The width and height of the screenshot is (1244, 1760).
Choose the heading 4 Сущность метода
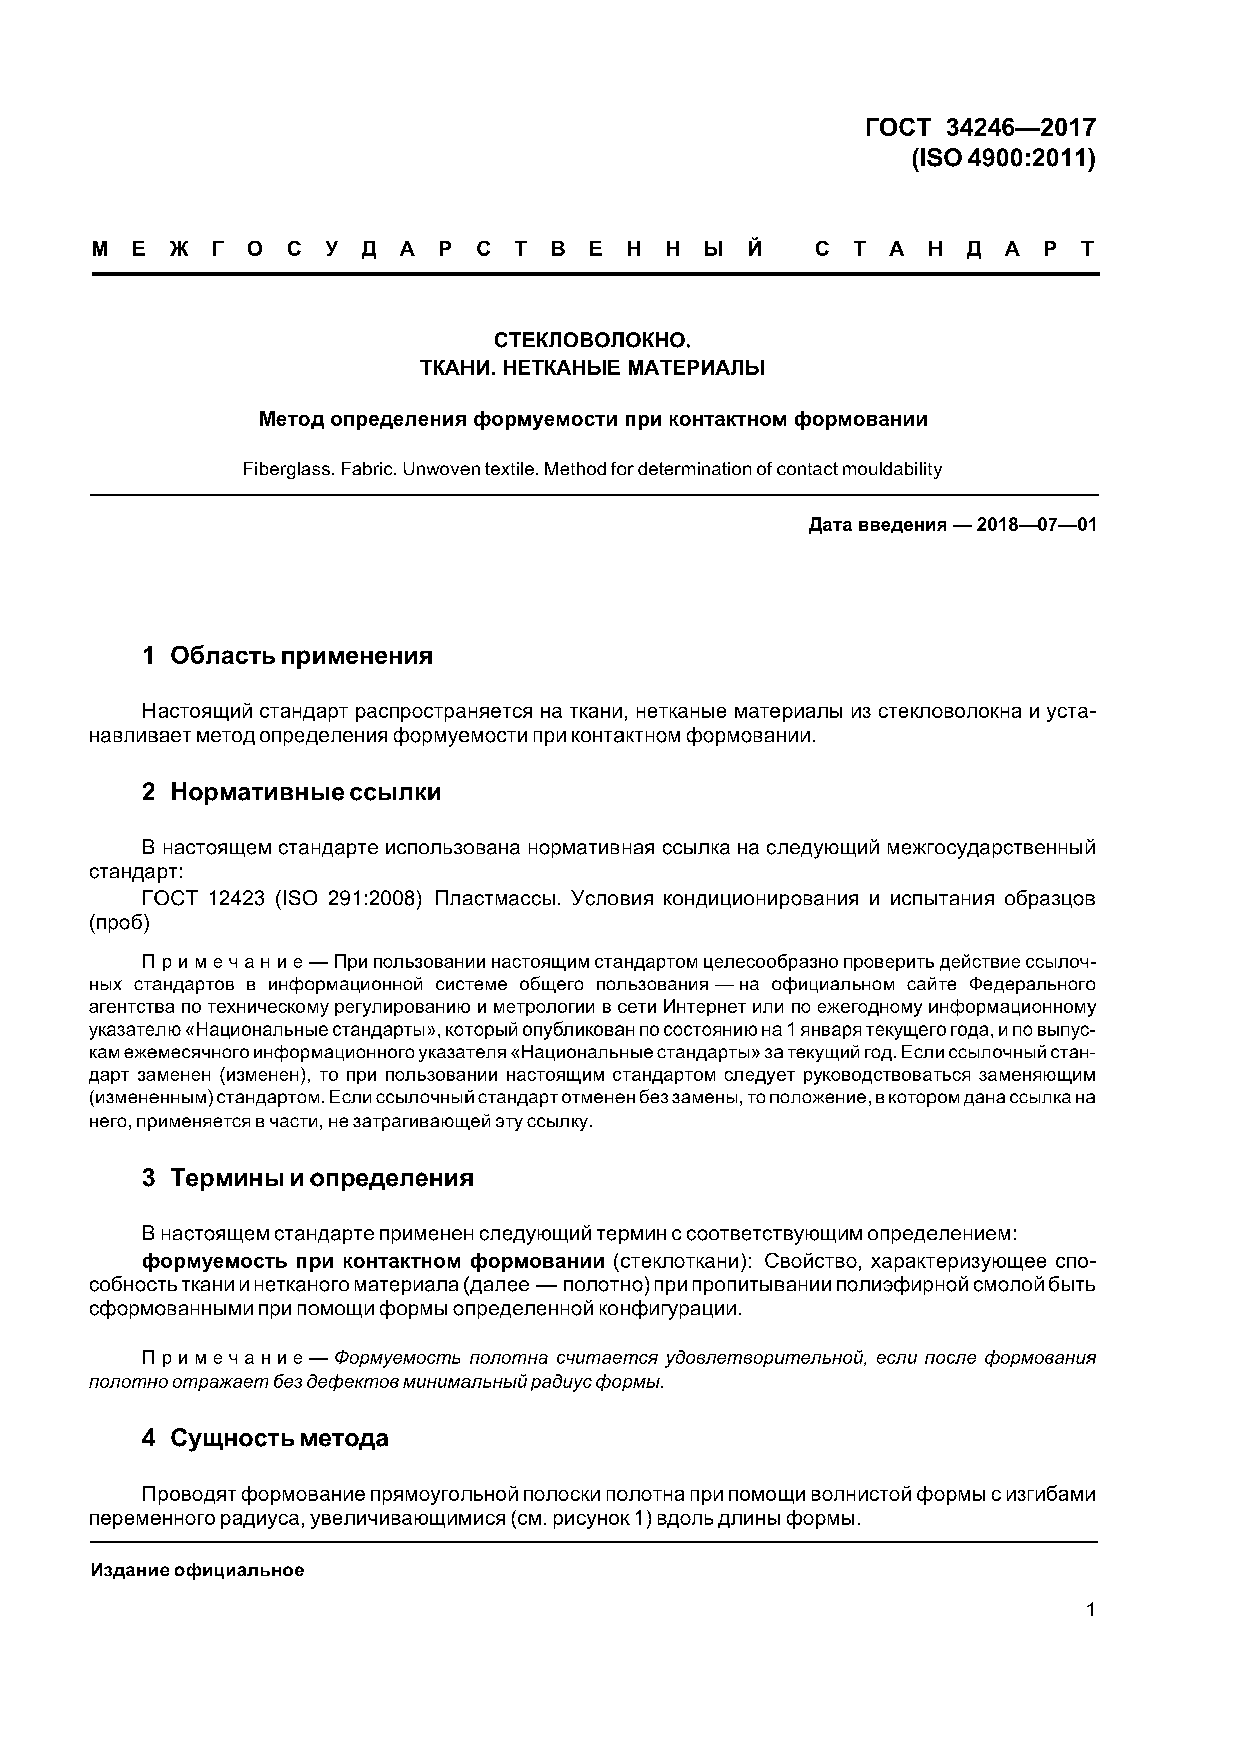pyautogui.click(x=265, y=1438)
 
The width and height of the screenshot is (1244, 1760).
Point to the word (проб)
pyautogui.click(x=119, y=923)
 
